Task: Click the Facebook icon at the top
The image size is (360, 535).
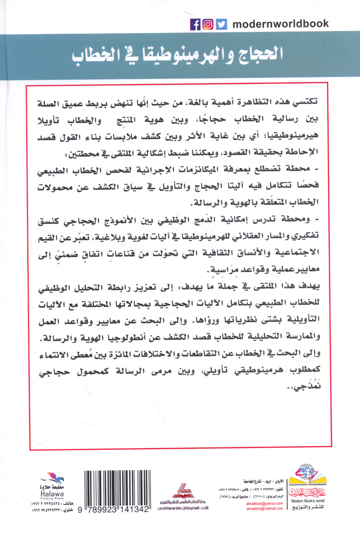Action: [195, 24]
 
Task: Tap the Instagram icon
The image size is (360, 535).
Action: [208, 24]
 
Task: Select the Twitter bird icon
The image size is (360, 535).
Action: [221, 24]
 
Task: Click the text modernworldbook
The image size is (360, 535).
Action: [280, 24]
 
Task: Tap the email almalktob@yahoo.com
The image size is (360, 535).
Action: [264, 503]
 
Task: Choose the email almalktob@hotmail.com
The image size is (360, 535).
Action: [264, 508]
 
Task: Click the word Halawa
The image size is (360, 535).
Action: [52, 494]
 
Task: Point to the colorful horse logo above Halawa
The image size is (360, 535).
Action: [53, 478]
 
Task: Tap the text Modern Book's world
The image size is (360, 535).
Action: [307, 501]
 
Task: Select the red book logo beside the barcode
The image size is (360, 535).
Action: [183, 491]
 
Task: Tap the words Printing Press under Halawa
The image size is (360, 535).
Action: [52, 499]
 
